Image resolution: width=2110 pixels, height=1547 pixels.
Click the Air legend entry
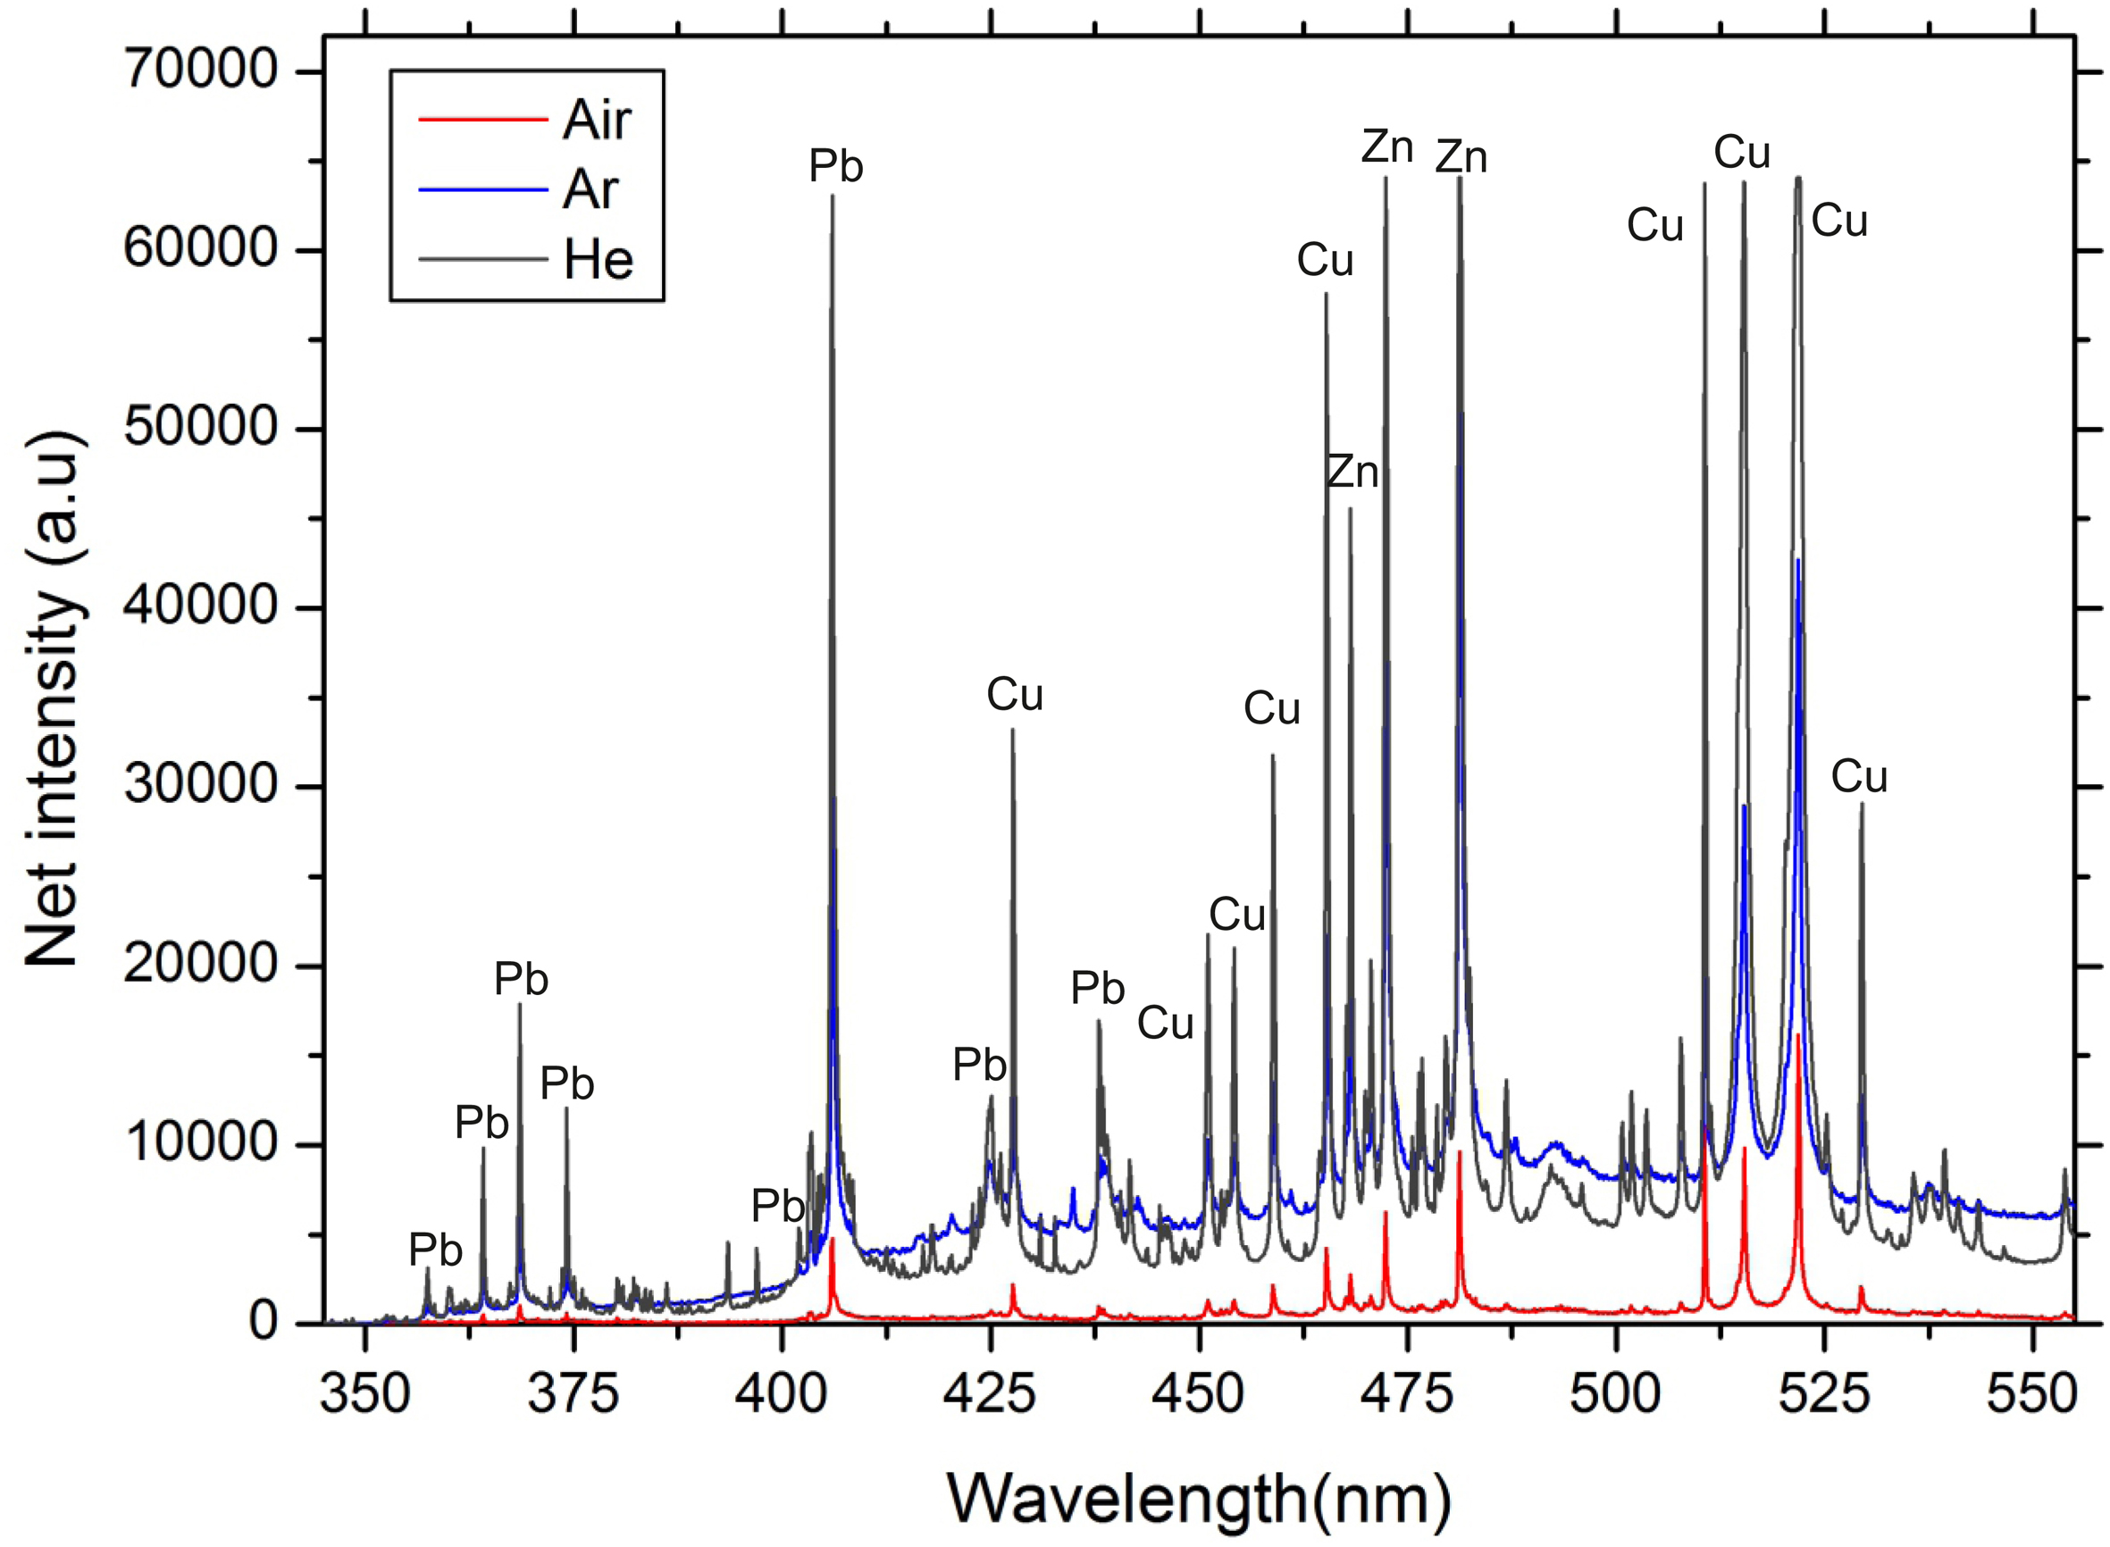click(597, 120)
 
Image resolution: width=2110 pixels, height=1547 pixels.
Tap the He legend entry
click(598, 259)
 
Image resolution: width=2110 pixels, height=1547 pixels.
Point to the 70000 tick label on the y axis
click(200, 71)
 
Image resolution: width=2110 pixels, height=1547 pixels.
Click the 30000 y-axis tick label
click(200, 785)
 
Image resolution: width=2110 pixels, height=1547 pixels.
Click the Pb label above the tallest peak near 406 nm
click(835, 167)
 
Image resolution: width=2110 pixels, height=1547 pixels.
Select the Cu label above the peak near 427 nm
click(1014, 695)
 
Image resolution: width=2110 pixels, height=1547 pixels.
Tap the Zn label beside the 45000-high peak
click(1352, 472)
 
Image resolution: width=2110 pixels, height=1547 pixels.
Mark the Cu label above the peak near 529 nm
click(1859, 776)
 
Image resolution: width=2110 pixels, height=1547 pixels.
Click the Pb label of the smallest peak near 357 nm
click(435, 1250)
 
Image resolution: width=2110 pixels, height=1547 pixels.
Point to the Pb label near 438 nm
click(1098, 988)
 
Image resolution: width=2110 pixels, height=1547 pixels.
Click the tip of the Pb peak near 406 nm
click(832, 196)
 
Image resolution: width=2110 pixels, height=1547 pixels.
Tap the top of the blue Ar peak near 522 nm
click(1798, 560)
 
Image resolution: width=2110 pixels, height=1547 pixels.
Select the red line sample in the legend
click(483, 120)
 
